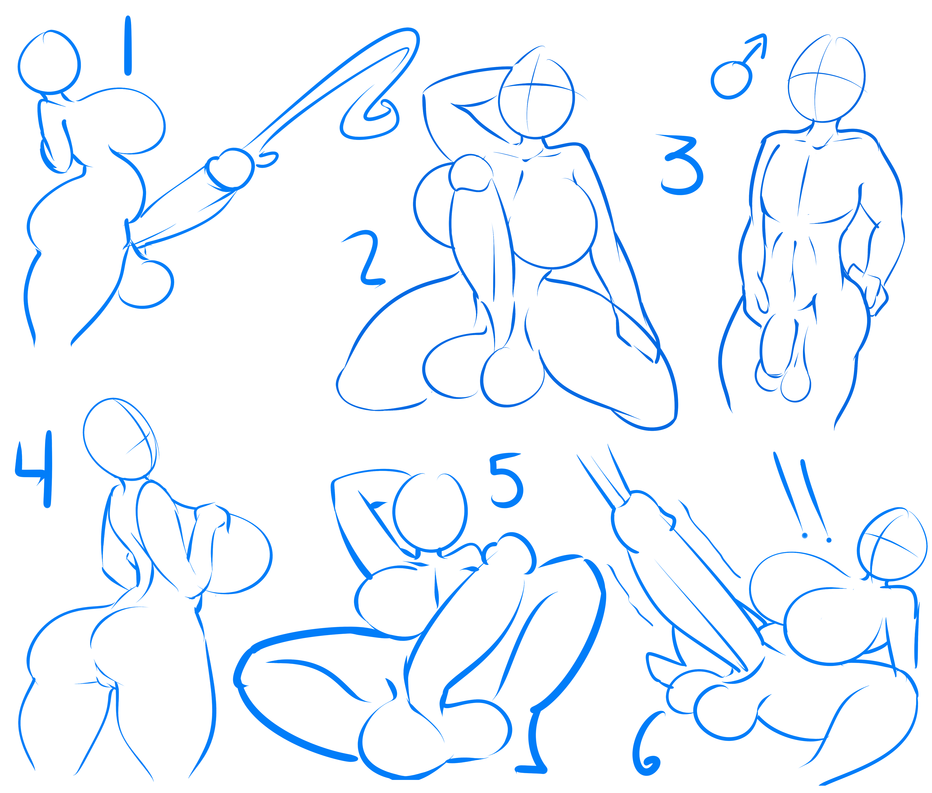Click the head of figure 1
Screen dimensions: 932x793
[x=49, y=62]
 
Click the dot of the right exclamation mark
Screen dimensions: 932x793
[x=829, y=540]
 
